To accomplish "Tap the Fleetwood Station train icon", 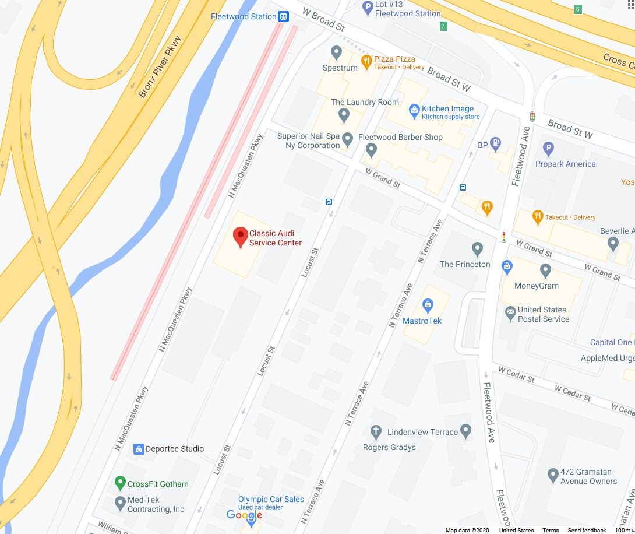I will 284,16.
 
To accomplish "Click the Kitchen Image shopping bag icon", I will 414,109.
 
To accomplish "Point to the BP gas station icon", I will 495,142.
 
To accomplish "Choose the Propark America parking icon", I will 548,148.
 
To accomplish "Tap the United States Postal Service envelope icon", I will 510,312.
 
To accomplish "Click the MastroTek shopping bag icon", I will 428,304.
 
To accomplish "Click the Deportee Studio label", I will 175,449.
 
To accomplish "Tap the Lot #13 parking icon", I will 368,7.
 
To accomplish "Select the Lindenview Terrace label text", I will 423,432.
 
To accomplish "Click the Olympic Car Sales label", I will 271,499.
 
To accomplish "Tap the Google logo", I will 244,515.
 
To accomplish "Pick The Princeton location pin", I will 478,249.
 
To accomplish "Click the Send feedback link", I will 587,531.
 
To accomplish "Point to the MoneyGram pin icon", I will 545,270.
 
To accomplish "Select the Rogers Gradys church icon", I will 376,432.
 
